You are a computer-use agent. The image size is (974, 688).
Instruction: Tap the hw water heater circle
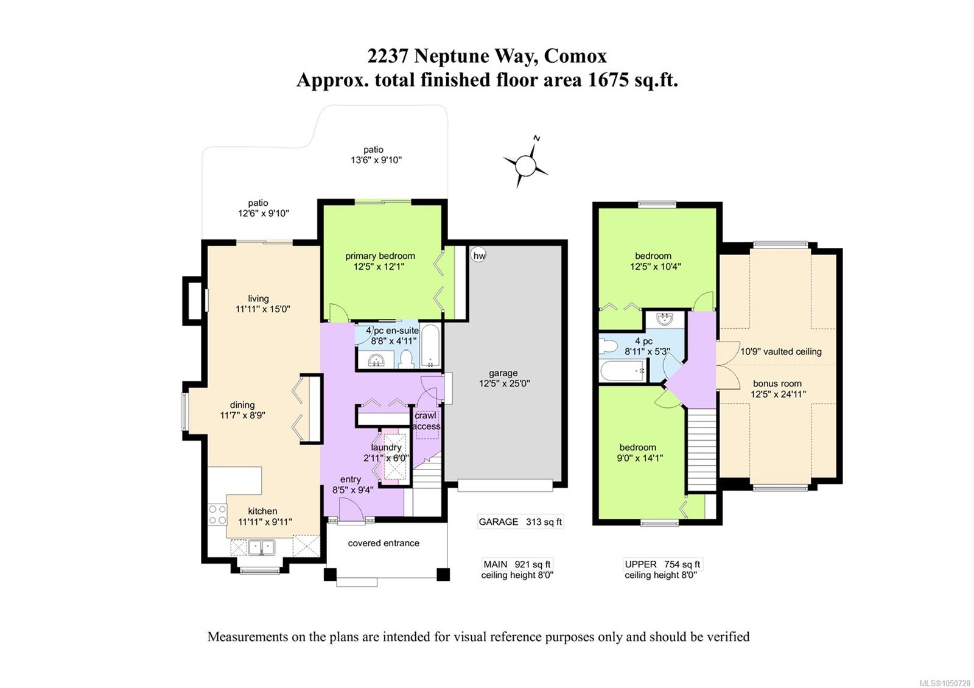tap(478, 255)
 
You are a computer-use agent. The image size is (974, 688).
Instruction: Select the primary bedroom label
tap(380, 256)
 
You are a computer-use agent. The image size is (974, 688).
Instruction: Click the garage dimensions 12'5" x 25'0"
tap(505, 384)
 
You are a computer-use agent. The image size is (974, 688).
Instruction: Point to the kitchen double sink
tap(261, 547)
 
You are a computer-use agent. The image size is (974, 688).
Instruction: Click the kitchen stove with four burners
tap(217, 514)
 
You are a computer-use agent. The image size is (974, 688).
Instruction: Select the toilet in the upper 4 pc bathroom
tap(608, 346)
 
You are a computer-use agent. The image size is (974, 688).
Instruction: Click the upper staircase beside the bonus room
tap(701, 450)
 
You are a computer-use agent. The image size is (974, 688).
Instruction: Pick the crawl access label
tap(426, 421)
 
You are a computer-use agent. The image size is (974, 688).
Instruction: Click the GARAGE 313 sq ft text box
tap(520, 522)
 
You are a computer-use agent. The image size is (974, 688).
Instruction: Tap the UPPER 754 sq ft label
tap(662, 564)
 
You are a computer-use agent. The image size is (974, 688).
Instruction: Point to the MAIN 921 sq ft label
tap(517, 564)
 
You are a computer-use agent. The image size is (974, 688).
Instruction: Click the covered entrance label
tap(384, 543)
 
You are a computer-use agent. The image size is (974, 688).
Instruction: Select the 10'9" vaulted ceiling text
tap(781, 352)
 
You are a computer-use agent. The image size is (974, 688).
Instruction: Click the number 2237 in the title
tap(388, 56)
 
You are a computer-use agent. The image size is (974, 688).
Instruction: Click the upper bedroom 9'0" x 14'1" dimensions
tap(640, 458)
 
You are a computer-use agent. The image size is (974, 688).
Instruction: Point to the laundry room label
tap(386, 448)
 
